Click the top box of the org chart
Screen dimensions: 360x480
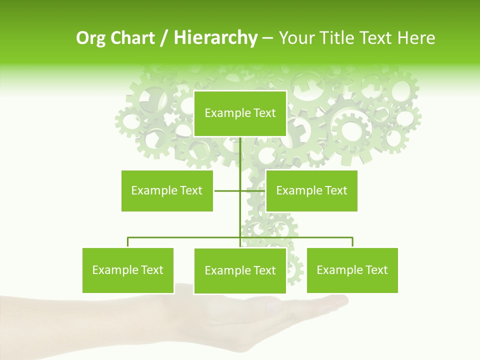[240, 113]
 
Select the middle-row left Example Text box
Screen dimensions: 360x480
[167, 190]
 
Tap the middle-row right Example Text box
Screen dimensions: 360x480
[311, 190]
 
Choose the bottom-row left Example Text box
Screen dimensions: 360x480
[127, 270]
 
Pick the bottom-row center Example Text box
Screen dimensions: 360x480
[240, 270]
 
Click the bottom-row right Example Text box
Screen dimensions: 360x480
[352, 270]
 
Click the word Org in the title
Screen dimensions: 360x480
[91, 38]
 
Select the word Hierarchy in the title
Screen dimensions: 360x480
[215, 38]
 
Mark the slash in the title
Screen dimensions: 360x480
[164, 38]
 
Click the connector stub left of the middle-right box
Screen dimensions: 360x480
[253, 190]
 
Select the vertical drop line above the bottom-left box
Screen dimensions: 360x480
[128, 242]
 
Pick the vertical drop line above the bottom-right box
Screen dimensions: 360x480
[352, 242]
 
